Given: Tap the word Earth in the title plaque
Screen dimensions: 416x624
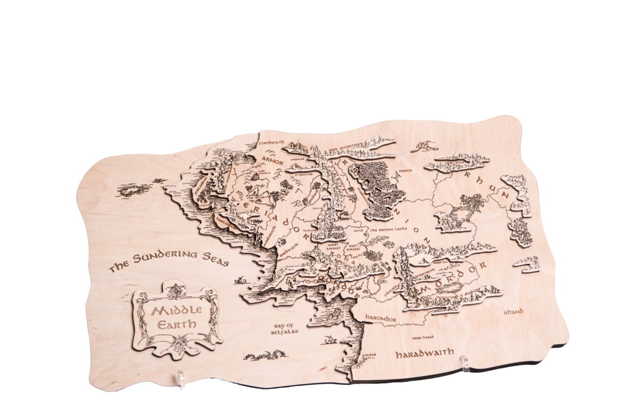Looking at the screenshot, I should click(x=176, y=324).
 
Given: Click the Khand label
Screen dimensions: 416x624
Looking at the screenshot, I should click(x=513, y=312).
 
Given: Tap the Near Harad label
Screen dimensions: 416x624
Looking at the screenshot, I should click(x=423, y=337).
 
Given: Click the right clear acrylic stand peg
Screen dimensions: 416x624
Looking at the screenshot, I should click(x=465, y=363).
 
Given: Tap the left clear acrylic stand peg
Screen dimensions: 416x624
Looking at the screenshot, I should click(x=181, y=379).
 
